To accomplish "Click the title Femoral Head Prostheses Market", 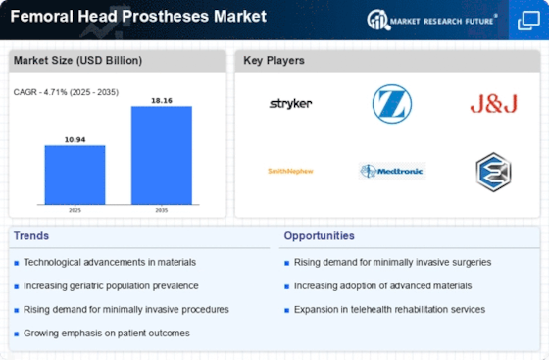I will (135, 17).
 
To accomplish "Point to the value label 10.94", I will (75, 139).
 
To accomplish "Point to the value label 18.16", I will (162, 100).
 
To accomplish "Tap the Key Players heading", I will (274, 61).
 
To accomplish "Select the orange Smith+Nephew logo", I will (291, 171).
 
